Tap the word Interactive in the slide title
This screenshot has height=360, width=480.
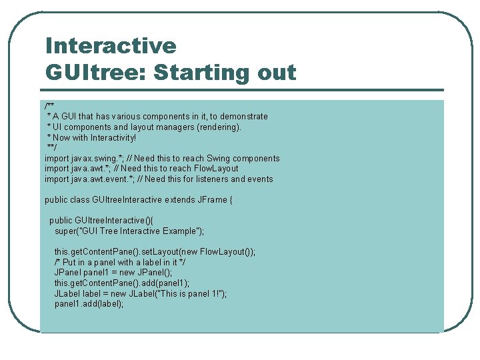click(x=111, y=46)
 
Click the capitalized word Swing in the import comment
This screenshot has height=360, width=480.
click(x=218, y=159)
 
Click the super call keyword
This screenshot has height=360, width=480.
click(x=65, y=231)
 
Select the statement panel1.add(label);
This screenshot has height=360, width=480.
click(x=89, y=304)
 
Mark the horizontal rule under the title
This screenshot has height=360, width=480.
click(x=243, y=90)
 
